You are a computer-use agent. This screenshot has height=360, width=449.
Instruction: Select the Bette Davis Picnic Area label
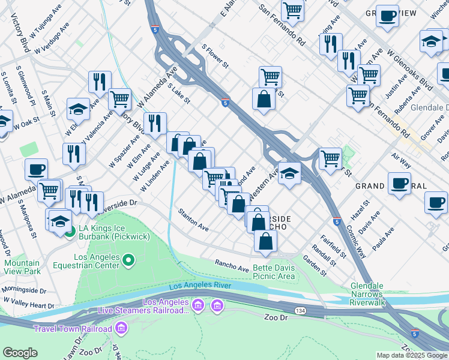[x=273, y=272]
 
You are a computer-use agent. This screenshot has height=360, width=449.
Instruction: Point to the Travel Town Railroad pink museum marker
[x=122, y=328]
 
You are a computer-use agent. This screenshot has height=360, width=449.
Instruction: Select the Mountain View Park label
[x=22, y=267]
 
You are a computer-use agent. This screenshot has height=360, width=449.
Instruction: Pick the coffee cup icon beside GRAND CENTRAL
[x=399, y=182]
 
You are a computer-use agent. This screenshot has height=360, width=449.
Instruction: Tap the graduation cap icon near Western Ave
[x=289, y=173]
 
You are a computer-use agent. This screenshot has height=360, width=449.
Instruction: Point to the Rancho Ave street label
[x=232, y=265]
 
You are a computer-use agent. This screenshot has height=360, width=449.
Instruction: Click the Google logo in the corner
[x=20, y=352]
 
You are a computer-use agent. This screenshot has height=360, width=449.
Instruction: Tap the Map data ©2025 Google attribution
[x=411, y=355]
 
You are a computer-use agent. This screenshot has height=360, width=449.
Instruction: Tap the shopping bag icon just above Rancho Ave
[x=265, y=241]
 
